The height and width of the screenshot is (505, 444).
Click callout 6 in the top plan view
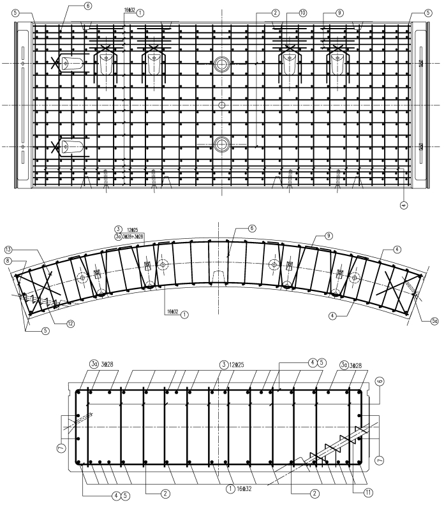(x=87, y=5)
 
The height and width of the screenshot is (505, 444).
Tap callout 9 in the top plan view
(x=339, y=12)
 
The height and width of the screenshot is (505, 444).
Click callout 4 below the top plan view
(x=404, y=205)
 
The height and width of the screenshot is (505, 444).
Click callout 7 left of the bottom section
(x=61, y=449)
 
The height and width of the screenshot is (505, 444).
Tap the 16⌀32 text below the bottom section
(x=243, y=488)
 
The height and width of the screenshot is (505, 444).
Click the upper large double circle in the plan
(x=221, y=64)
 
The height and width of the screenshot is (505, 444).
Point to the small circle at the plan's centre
(x=221, y=104)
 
